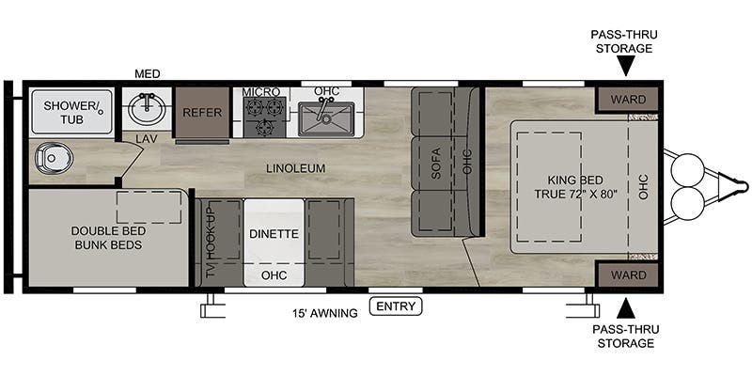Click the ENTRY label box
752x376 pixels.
396,306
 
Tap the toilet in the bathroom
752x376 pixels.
54,158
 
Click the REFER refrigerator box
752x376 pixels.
202,113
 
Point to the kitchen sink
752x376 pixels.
325,118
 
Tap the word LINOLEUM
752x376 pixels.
296,168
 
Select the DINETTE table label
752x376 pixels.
274,234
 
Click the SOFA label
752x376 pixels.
436,164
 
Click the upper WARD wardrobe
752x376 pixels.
628,100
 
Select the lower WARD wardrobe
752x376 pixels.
628,275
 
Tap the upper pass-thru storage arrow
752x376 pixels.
625,65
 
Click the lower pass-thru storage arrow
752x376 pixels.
625,308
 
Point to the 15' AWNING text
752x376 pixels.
325,313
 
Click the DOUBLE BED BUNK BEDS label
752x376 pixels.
108,238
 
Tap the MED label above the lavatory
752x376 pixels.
148,74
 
